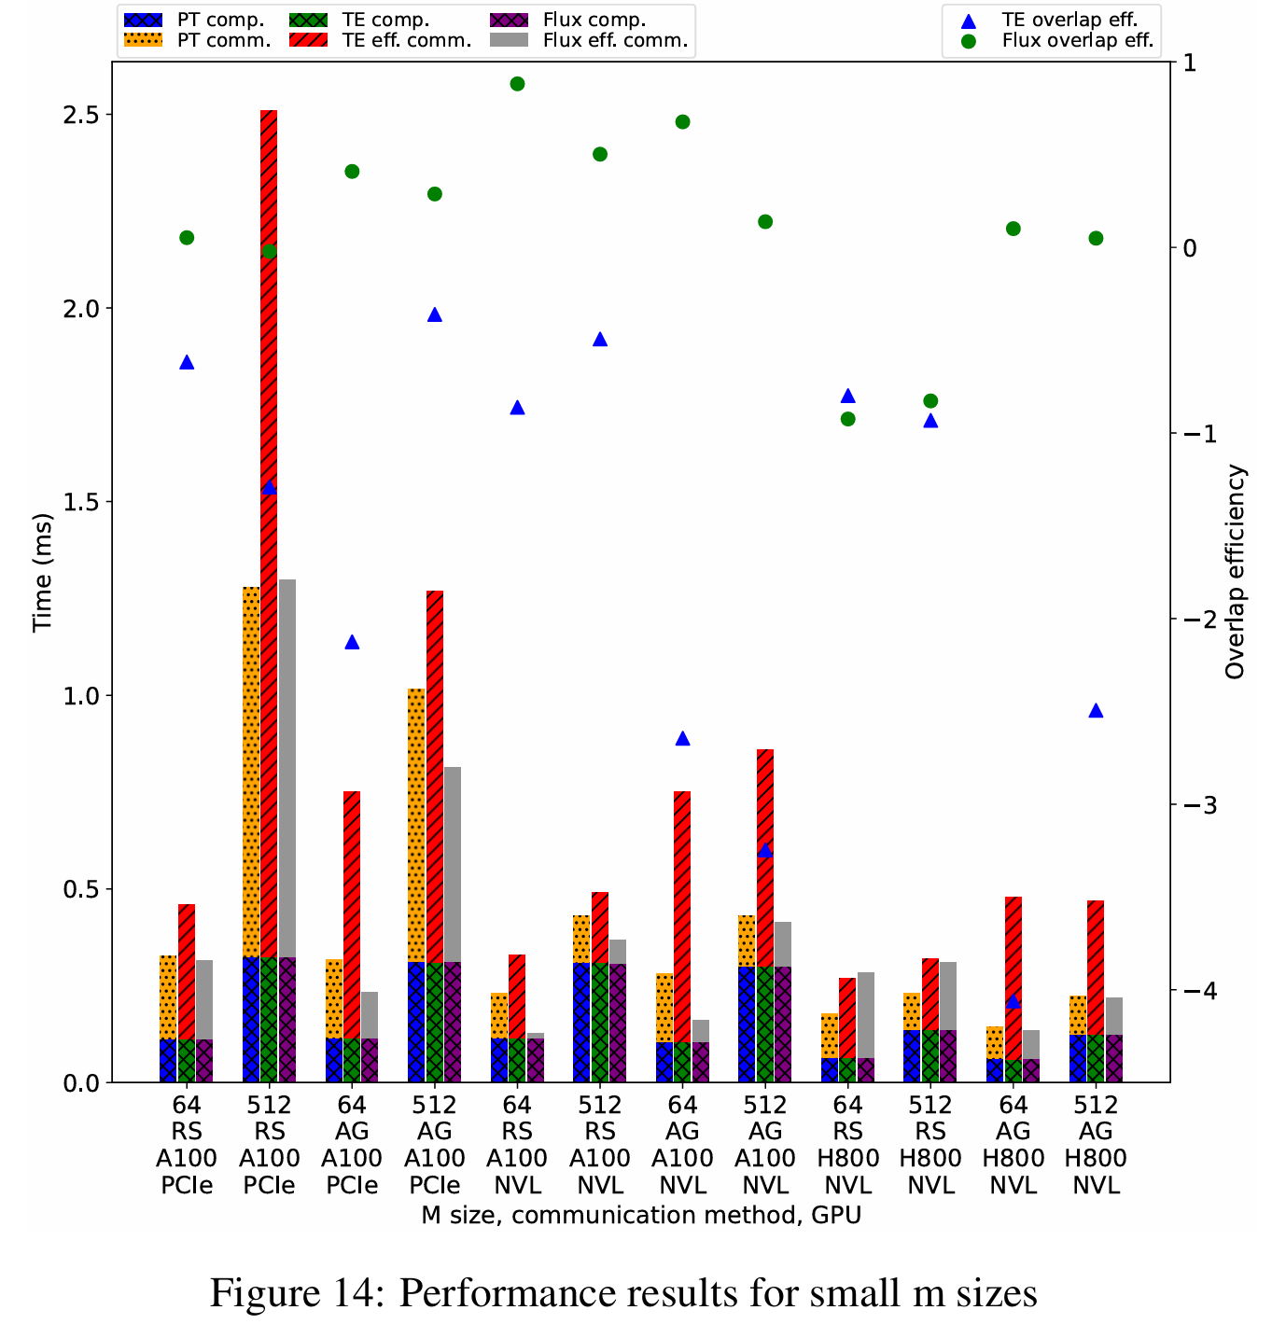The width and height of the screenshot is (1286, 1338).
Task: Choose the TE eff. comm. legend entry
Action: pos(406,40)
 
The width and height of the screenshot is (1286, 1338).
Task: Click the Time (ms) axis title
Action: pos(42,572)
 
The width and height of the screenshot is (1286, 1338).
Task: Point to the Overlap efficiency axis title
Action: pos(1236,572)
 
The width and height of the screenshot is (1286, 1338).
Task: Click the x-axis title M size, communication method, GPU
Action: pos(641,1216)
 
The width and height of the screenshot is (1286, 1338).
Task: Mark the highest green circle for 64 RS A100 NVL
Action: pos(518,84)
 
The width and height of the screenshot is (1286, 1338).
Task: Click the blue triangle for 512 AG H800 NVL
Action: pos(1096,710)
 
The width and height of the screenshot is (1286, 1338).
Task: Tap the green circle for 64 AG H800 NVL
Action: pos(1013,229)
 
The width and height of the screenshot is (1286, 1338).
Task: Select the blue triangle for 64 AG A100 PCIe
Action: pos(352,642)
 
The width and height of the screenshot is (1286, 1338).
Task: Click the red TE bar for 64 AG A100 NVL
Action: pos(682,914)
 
